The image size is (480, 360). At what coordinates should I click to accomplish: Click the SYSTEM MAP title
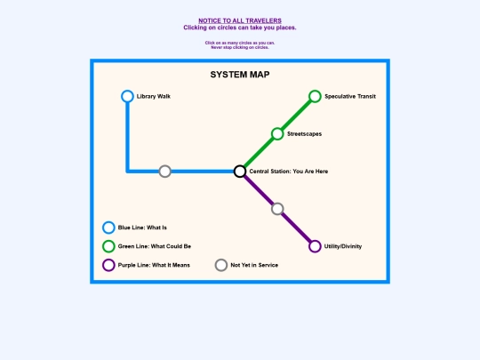click(x=240, y=75)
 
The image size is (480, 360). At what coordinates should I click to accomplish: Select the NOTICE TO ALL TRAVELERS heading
click(x=240, y=20)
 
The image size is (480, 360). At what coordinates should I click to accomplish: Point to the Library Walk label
click(x=154, y=96)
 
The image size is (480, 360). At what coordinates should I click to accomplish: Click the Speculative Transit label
click(x=350, y=96)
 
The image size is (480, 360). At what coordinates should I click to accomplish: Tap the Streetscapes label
click(x=304, y=134)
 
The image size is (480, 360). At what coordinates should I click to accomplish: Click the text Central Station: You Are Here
click(x=289, y=172)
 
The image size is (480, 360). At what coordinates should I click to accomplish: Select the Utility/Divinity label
click(x=343, y=246)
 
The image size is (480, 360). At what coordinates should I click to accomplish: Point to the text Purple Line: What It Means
click(x=154, y=265)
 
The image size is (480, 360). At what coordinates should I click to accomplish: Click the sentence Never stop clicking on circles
click(x=240, y=47)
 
